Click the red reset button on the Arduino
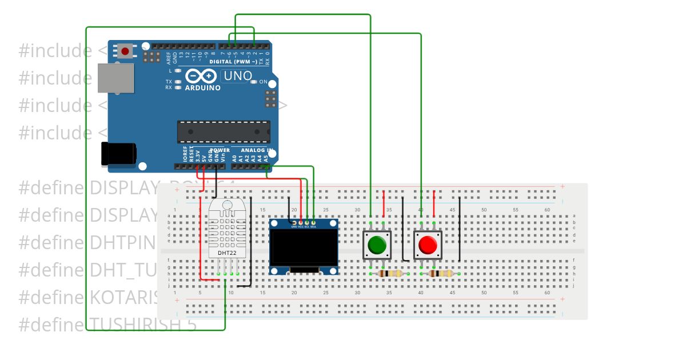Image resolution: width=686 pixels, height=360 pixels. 125,51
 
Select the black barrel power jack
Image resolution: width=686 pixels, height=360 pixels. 118,153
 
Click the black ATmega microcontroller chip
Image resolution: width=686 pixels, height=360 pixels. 223,131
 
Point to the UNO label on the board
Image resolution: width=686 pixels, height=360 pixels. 237,76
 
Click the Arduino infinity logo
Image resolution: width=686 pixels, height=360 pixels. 201,76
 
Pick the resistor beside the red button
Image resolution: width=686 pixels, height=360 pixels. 441,274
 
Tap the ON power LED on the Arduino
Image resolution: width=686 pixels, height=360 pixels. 254,82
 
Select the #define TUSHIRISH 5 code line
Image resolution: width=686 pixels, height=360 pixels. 107,325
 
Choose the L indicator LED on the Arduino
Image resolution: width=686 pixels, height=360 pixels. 178,70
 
